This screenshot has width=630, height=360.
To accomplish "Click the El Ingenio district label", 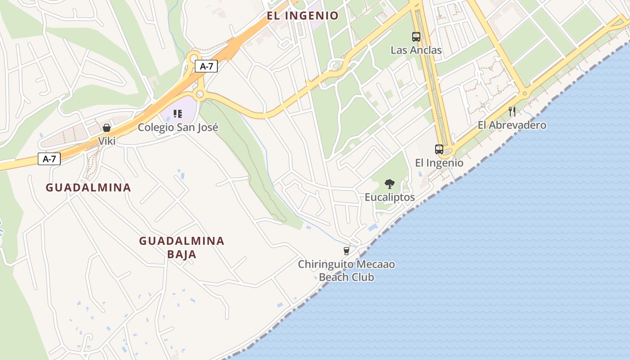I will (302, 16).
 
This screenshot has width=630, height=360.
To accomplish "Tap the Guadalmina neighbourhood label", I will (88, 188).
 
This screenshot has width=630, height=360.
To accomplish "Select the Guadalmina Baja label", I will (181, 247).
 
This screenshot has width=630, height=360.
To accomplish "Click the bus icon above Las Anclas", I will (416, 37).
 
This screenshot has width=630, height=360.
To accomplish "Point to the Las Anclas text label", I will (416, 50).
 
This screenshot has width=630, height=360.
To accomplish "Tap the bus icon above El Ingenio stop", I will (439, 149).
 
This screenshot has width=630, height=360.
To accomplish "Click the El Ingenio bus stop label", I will (439, 163).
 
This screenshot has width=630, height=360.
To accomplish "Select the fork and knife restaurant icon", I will (512, 111).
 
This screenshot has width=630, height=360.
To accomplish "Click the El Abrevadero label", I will (512, 125).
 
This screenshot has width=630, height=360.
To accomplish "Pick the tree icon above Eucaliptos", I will (390, 184).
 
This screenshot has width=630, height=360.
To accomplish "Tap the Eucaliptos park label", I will (390, 197).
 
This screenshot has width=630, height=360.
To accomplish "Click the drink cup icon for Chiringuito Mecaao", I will (346, 251).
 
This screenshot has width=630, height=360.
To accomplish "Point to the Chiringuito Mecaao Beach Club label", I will (346, 270).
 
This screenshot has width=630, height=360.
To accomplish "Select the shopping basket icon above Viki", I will (107, 128).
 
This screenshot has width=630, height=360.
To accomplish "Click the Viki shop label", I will (107, 141).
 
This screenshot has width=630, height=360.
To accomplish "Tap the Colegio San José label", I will (178, 127).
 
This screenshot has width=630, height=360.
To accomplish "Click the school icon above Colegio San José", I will (178, 114).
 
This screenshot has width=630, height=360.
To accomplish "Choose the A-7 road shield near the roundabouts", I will (206, 67).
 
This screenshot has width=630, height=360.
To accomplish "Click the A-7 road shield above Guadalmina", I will (49, 159).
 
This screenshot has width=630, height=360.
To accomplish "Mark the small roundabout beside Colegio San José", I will (200, 94).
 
